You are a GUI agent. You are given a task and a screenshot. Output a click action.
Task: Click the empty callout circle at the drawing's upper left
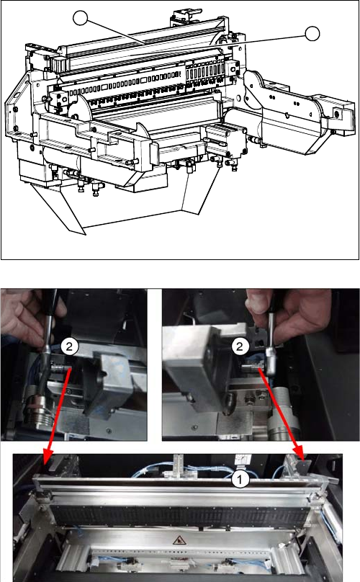[80, 18]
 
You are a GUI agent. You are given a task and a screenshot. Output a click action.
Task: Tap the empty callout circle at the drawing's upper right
[312, 33]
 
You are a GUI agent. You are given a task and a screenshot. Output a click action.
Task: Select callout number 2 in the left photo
[69, 346]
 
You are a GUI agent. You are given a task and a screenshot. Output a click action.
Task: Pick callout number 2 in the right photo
[240, 346]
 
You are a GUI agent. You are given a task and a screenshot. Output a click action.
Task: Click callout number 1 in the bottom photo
[240, 480]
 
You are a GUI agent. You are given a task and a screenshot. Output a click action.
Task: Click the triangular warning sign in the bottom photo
[179, 540]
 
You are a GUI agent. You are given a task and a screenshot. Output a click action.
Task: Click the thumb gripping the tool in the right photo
[257, 303]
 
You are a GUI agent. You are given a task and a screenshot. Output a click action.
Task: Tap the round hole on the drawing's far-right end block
[337, 114]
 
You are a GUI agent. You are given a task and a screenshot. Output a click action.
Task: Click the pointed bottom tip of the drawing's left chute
[85, 235]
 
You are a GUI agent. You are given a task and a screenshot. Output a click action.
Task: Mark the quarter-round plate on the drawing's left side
[79, 108]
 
